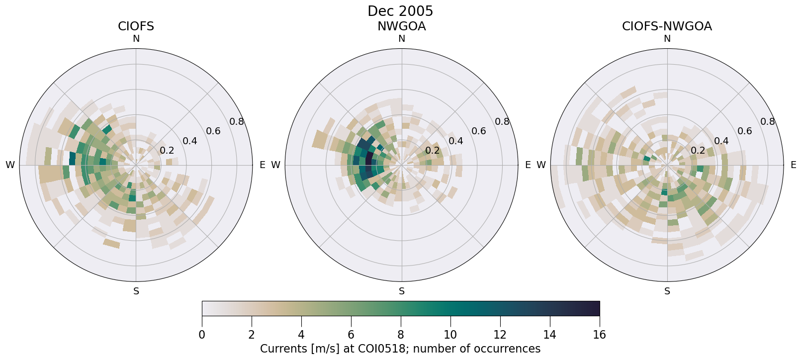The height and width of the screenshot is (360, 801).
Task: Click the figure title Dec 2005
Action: [400, 11]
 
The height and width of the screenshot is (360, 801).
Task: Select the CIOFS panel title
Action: [136, 26]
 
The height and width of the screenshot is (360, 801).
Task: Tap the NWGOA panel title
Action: [401, 26]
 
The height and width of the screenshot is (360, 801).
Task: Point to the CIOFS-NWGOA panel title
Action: [667, 26]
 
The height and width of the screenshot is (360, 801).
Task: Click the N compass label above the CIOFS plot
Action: [136, 39]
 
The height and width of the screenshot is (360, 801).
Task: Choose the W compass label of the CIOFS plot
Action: [10, 165]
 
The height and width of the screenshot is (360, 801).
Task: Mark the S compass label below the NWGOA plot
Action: [402, 291]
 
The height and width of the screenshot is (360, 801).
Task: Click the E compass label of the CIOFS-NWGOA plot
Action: [793, 165]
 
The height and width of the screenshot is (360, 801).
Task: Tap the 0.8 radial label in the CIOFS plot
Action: [237, 122]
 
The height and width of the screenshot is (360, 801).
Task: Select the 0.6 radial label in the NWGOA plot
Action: [479, 131]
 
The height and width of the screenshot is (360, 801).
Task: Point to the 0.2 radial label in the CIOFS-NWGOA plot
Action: [698, 151]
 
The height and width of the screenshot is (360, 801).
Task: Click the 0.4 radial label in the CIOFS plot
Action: [190, 141]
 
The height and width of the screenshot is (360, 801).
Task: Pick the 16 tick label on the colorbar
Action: [599, 335]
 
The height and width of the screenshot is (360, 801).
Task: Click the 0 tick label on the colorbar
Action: [202, 335]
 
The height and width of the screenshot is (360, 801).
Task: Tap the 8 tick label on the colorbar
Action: [401, 335]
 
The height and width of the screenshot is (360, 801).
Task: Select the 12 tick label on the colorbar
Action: [500, 335]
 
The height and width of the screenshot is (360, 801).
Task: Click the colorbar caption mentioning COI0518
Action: [400, 349]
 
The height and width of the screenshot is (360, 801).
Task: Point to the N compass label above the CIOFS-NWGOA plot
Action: [667, 39]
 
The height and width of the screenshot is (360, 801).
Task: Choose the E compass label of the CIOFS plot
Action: [262, 165]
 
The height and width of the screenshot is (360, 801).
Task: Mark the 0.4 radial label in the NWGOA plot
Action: [456, 141]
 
